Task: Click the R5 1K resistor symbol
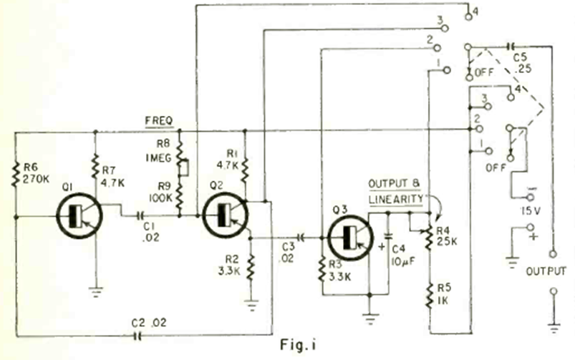coord(428,294)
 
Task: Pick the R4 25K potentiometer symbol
coord(428,238)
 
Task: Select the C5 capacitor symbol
coord(510,46)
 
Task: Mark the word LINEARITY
coord(395,198)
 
